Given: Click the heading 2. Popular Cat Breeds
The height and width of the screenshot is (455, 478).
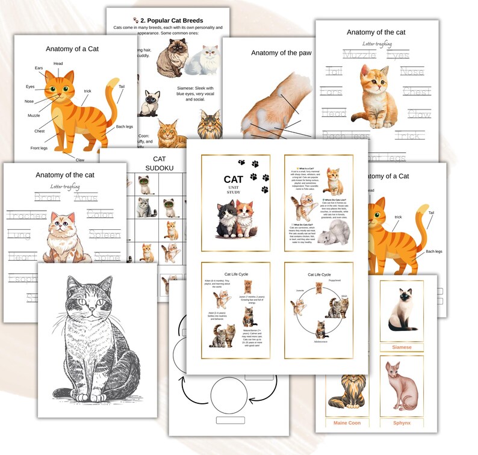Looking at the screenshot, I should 171,20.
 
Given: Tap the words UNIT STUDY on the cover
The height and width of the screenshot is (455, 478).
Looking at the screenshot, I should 233,189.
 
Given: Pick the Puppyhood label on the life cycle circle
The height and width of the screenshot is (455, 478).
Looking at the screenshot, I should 334,280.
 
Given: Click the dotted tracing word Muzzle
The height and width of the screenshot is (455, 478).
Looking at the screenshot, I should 359,55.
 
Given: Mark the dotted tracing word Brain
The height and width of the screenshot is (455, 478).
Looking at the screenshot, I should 47,197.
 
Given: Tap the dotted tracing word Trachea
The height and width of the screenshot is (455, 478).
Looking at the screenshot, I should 26,215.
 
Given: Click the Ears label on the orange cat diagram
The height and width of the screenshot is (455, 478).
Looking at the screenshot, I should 39,68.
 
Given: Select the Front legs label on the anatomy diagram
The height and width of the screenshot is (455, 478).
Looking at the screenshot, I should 39,148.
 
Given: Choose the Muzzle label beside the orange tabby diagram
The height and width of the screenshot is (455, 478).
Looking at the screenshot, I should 34,116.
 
